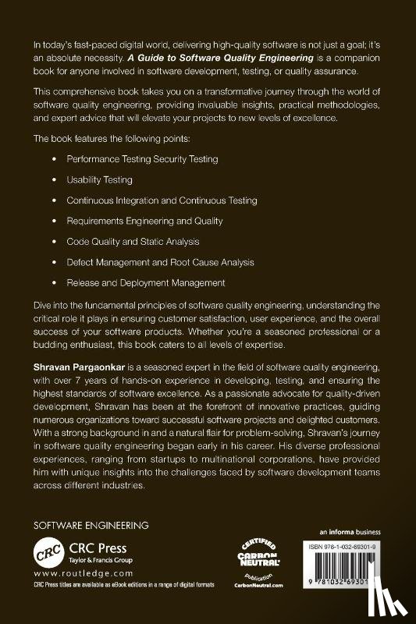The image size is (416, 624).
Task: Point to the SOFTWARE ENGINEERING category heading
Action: [x=91, y=525]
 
